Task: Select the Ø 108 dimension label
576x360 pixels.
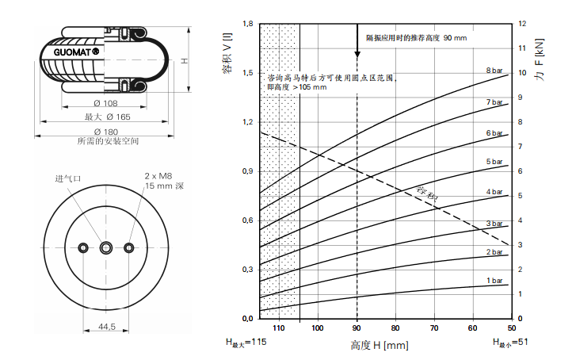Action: (105, 103)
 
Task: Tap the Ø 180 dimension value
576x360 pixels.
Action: (106, 132)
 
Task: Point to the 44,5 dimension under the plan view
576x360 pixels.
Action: (106, 327)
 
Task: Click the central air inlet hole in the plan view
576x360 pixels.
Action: (106, 248)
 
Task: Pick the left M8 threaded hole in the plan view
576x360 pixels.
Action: (83, 248)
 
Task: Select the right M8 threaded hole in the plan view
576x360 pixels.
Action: (129, 248)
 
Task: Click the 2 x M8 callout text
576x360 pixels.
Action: (158, 176)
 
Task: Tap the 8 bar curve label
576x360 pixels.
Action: (494, 71)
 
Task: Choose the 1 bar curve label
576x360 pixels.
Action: (494, 281)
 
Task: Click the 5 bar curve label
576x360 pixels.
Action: (494, 162)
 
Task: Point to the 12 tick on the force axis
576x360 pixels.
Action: (522, 24)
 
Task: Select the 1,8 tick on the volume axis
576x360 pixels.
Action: (248, 24)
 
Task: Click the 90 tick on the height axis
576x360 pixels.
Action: (357, 328)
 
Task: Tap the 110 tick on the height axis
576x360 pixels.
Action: (279, 328)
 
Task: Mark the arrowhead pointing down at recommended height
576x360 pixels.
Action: (357, 55)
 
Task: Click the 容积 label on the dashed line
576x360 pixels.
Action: (427, 193)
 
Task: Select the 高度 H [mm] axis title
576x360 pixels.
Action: (380, 345)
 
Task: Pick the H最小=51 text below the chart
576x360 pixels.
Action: (510, 343)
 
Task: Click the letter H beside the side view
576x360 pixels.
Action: (185, 61)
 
